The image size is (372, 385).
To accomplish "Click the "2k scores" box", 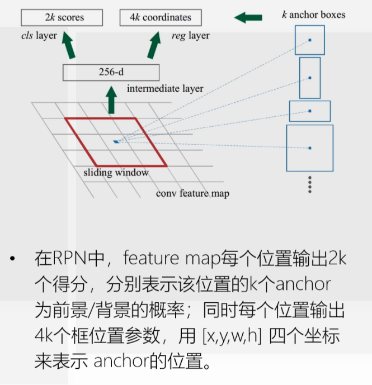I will pos(62,18).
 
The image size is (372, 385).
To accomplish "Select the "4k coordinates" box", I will pos(160,18).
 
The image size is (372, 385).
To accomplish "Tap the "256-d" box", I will pos(111,72).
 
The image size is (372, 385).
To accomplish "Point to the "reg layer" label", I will pos(190,36).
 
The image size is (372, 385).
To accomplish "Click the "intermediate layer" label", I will pos(165,88).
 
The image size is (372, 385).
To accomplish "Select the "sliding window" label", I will pos(116,173).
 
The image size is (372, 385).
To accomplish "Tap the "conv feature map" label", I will pos(192,193).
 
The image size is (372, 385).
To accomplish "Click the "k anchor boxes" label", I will pos(313,14).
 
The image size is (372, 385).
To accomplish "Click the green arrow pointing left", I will pos(248,18).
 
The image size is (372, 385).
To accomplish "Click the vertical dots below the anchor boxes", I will pos(309,184).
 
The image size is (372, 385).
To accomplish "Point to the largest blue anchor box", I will pos(309,148).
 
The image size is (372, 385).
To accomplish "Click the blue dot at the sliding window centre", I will pos(116,141).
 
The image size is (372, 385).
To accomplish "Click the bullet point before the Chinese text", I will pos(13,260).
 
